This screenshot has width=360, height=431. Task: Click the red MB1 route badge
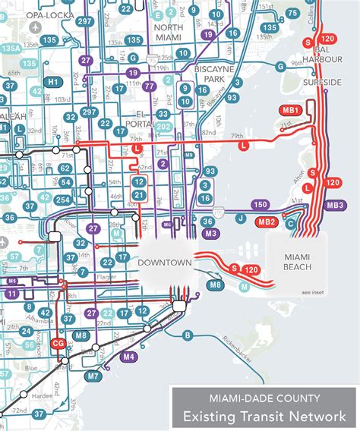point(292,111)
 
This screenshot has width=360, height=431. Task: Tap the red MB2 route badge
point(266,222)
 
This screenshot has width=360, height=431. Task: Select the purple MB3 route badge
point(334,205)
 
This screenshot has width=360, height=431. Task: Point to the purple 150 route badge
point(260,205)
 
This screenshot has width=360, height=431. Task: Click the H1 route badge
point(53,82)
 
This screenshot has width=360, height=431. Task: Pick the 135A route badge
point(10,48)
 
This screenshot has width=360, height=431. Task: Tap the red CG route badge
point(58,343)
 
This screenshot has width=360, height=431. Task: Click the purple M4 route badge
point(128,356)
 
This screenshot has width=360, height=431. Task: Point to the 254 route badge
point(64,200)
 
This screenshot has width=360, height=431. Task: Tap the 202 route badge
point(164,127)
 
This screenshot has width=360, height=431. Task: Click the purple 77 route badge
point(150,87)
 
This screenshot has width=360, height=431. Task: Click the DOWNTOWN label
point(162,263)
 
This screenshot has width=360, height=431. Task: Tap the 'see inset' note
point(312,293)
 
